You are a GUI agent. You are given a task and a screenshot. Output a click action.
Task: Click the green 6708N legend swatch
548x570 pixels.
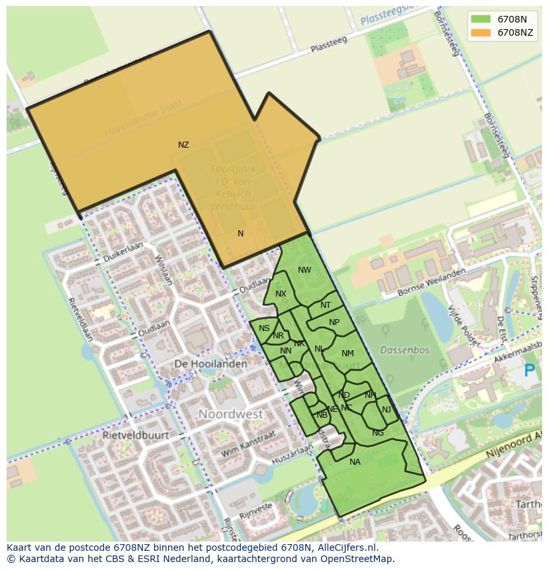coord(481,19)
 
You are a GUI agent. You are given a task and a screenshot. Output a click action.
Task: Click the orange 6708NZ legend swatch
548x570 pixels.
coord(481,32)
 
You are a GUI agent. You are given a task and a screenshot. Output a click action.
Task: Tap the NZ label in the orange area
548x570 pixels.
coord(183,145)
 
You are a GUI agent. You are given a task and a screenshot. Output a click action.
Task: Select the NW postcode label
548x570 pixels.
coord(304,270)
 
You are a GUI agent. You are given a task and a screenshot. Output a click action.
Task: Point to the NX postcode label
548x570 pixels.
coord(281,294)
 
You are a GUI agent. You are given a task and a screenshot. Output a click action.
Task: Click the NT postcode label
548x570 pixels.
coord(326,306)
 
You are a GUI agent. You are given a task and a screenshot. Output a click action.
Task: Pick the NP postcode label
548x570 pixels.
coord(334,323)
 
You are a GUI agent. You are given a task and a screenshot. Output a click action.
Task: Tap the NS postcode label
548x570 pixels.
coord(264,328)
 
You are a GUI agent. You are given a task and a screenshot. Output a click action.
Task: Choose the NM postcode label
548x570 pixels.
coord(347,354)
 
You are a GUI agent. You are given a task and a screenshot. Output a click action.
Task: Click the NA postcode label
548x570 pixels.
coord(355,462)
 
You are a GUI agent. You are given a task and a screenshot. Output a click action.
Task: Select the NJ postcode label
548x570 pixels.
coord(387,410)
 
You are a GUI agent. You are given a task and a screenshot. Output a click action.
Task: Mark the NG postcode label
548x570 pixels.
coord(378,433)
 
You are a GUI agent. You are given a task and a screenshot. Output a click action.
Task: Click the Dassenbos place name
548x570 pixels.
coord(405,350)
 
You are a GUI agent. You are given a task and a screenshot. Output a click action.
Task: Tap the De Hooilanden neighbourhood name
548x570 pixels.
coord(210,364)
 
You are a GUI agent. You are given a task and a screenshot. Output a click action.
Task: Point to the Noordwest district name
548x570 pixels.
coord(230,414)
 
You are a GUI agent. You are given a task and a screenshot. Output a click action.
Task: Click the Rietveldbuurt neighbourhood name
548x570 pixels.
coord(136,436)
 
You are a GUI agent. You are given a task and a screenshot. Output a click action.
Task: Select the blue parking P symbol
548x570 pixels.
coord(529,371)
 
